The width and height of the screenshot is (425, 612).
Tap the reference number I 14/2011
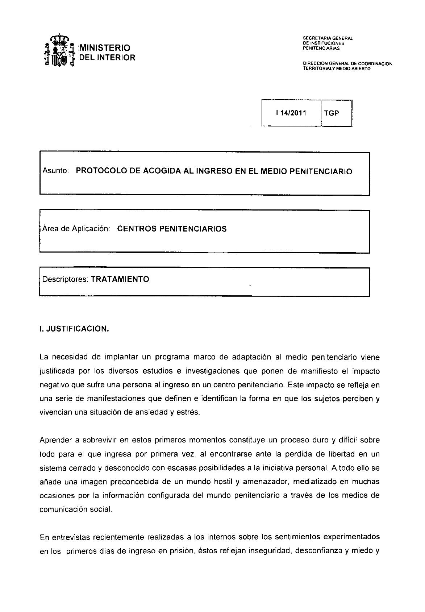pyautogui.click(x=291, y=113)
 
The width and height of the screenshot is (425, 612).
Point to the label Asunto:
pyautogui.click(x=56, y=171)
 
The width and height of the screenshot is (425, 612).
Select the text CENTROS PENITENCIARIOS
pyautogui.click(x=172, y=229)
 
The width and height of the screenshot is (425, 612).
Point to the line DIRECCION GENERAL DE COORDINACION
pyautogui.click(x=347, y=64)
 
